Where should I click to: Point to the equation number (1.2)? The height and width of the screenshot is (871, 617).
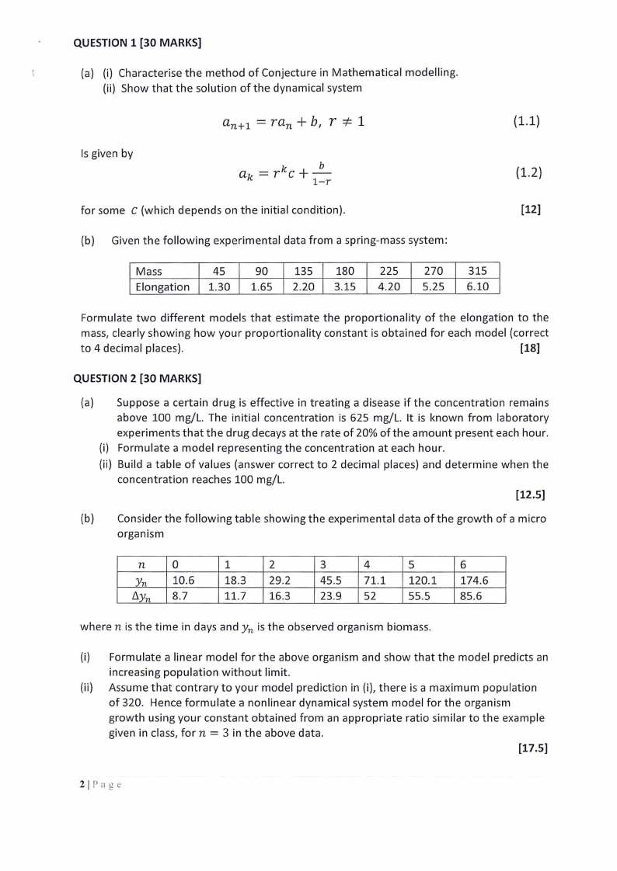tap(527, 173)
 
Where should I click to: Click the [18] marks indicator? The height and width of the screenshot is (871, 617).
tap(529, 348)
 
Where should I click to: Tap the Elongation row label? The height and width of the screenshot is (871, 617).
tap(162, 286)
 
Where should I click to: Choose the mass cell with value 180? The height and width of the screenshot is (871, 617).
tap(345, 271)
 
